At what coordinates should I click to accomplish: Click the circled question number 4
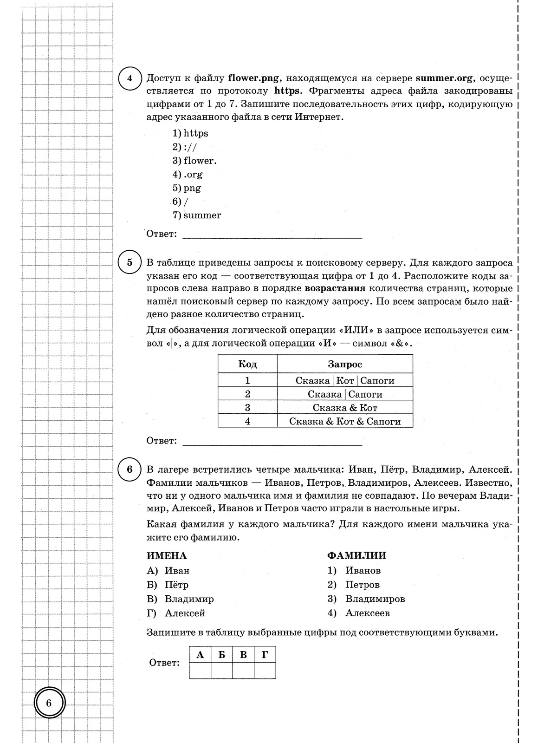pyautogui.click(x=130, y=78)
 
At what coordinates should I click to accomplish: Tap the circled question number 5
pyautogui.click(x=130, y=262)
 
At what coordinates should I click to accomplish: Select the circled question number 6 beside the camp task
pyautogui.click(x=130, y=469)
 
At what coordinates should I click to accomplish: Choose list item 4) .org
pyautogui.click(x=188, y=175)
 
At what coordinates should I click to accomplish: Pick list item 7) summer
pyautogui.click(x=197, y=215)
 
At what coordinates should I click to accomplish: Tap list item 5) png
pyautogui.click(x=187, y=188)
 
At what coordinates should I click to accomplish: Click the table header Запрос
pyautogui.click(x=345, y=364)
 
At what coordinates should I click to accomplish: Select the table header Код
pyautogui.click(x=247, y=364)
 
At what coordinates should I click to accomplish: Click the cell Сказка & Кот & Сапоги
pyautogui.click(x=345, y=421)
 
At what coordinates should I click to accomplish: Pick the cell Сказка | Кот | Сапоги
pyautogui.click(x=345, y=381)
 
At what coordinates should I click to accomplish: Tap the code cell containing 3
pyautogui.click(x=247, y=408)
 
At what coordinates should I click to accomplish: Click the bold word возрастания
pyautogui.click(x=335, y=288)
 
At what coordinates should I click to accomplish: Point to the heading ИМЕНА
pyautogui.click(x=167, y=556)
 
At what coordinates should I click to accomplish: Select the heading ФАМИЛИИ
pyautogui.click(x=356, y=556)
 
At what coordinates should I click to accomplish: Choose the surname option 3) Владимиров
pyautogui.click(x=366, y=599)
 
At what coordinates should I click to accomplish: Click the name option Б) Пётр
pyautogui.click(x=168, y=585)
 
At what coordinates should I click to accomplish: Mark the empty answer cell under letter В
pyautogui.click(x=243, y=671)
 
